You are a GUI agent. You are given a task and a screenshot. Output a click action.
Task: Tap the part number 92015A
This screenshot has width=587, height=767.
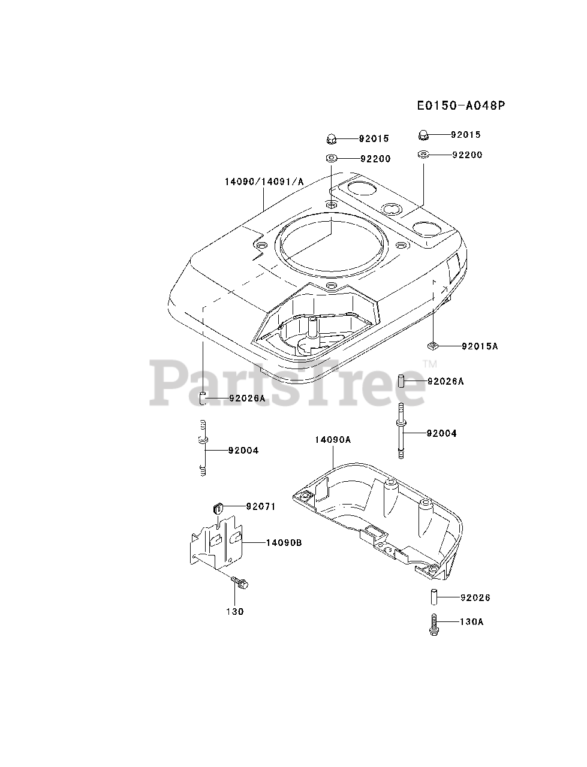tap(480, 346)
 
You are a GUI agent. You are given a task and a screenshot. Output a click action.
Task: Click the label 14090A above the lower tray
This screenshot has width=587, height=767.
tap(333, 440)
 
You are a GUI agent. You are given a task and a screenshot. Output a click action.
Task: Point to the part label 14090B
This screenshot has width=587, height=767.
tap(284, 543)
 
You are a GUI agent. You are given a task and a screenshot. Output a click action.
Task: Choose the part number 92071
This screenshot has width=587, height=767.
tap(260, 506)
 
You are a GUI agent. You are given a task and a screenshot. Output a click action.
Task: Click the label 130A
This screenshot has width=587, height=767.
tap(472, 622)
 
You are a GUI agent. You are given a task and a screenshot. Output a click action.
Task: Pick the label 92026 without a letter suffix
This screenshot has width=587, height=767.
tap(475, 597)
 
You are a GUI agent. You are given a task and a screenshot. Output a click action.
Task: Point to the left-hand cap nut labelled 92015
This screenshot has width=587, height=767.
tap(331, 138)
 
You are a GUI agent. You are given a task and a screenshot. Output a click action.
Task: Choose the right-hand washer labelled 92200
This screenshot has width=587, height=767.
tap(423, 155)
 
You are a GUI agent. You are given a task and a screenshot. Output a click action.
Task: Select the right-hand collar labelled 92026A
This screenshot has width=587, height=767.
tap(404, 381)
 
